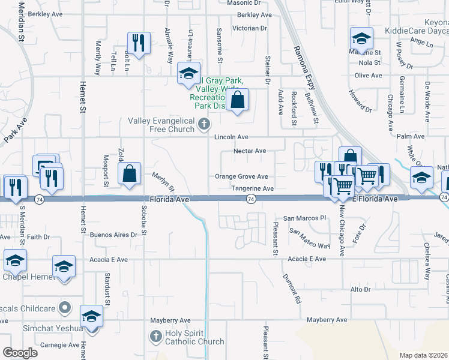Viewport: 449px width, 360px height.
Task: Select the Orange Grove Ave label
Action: tap(241, 177)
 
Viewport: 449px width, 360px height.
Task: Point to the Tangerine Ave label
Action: tap(253, 188)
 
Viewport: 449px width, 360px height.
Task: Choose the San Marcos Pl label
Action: tap(304, 218)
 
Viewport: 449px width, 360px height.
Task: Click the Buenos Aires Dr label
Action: tap(113, 235)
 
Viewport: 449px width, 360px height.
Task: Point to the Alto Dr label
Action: tap(360, 290)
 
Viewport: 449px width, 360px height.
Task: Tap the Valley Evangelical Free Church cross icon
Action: tap(204, 125)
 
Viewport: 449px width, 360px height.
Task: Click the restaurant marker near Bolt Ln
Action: tap(139, 43)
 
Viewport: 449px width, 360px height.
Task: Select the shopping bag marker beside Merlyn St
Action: tap(130, 174)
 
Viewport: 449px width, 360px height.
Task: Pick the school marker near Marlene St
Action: tap(362, 39)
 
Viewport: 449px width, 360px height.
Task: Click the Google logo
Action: tap(20, 353)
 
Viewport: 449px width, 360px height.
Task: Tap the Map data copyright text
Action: tap(424, 355)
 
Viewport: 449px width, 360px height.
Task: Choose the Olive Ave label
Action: tap(368, 76)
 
